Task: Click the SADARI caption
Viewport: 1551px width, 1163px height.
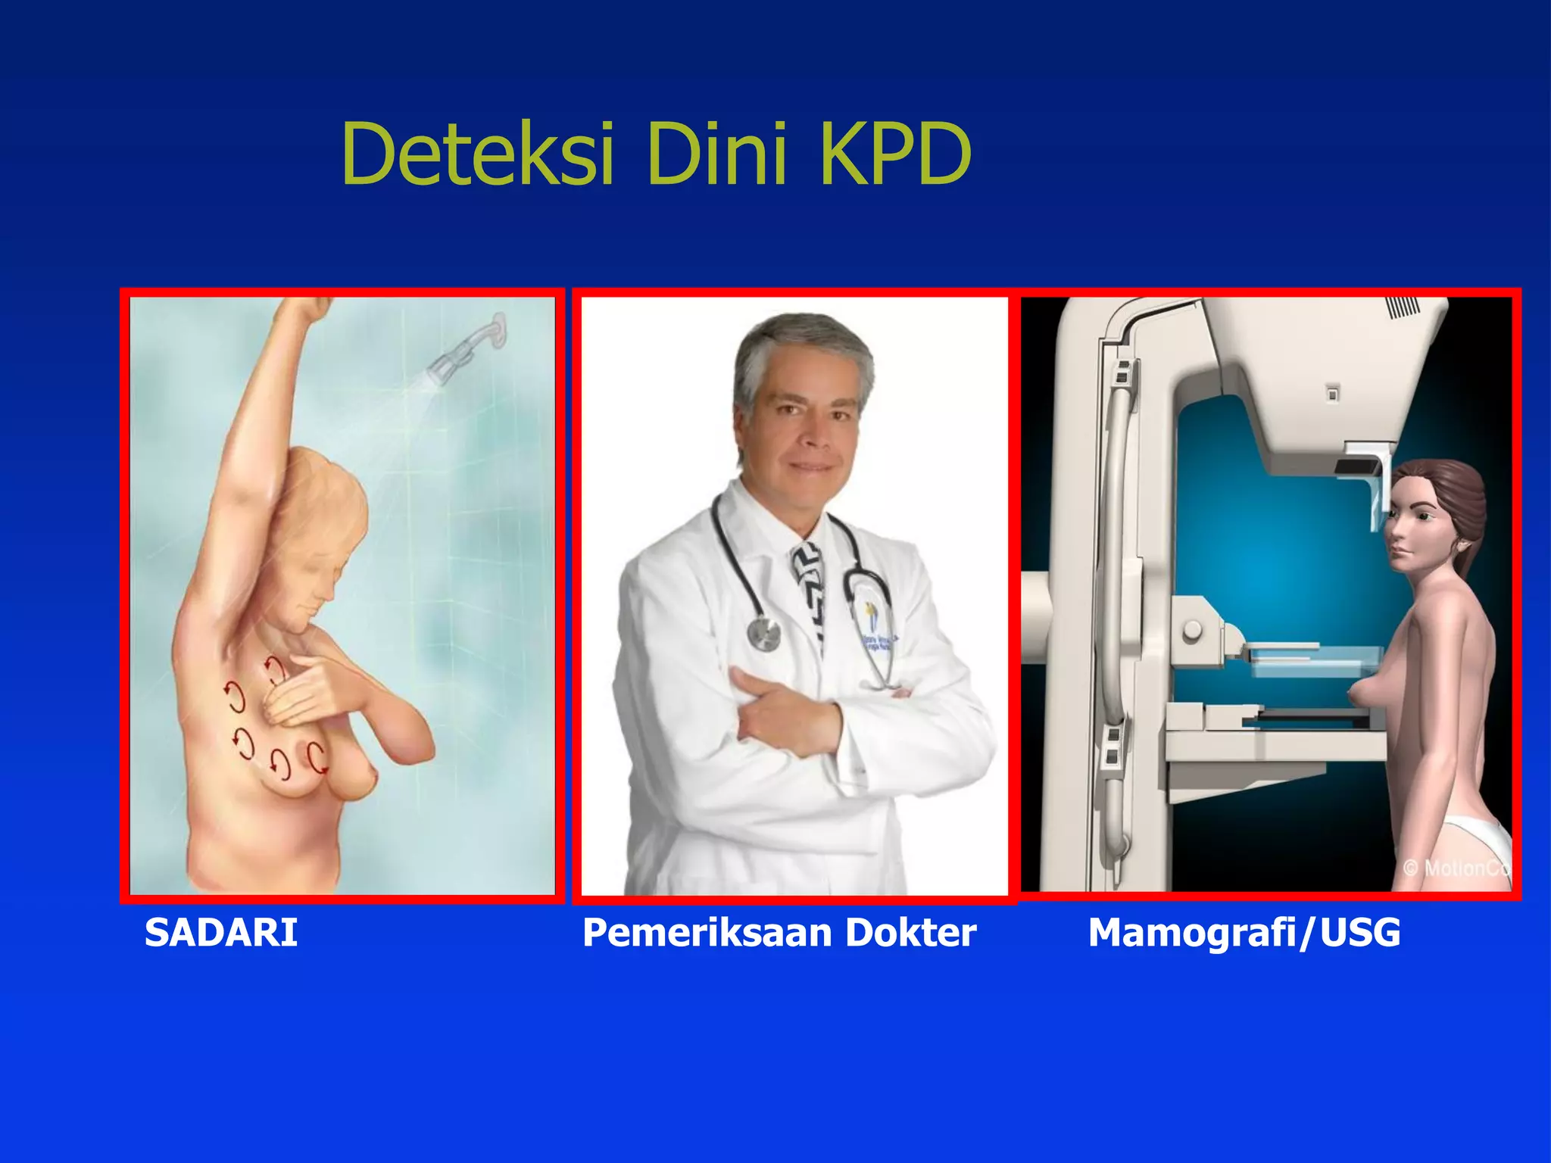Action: (221, 932)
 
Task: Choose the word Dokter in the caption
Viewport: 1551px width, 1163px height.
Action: (911, 932)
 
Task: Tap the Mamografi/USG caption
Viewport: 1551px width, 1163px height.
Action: (1244, 932)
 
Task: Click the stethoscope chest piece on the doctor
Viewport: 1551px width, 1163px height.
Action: (764, 633)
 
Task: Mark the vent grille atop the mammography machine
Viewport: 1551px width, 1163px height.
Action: (1403, 307)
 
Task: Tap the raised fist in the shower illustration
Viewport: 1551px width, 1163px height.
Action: (311, 307)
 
